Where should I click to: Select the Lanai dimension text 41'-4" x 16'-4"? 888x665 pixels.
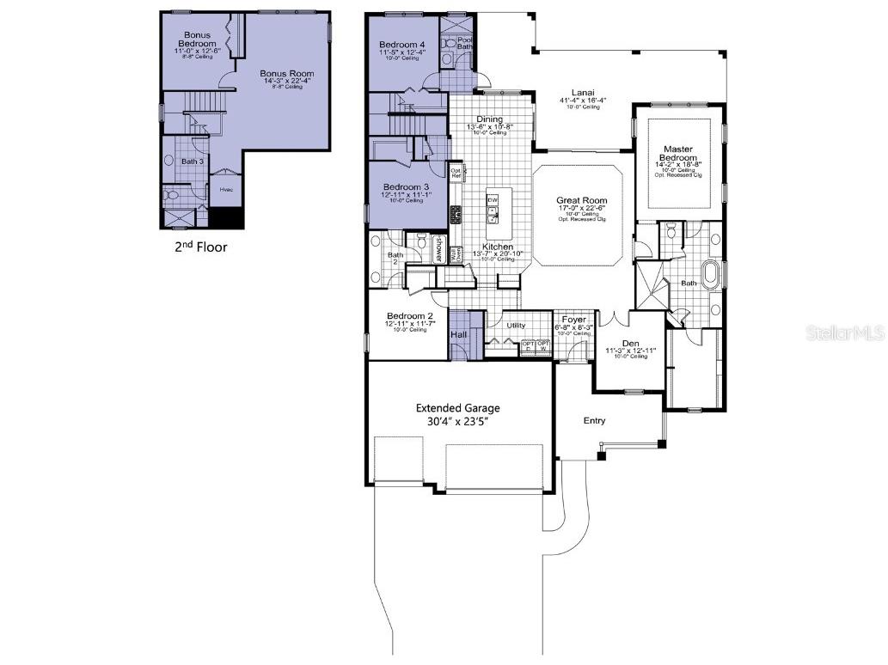pos(582,101)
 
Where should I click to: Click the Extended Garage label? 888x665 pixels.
pos(458,408)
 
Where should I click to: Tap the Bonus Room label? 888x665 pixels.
pos(287,74)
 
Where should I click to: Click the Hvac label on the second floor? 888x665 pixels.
pos(226,190)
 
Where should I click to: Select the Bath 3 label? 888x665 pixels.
pos(193,161)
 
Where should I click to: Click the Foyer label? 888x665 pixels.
pos(573,320)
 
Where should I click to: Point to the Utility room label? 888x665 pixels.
pos(516,326)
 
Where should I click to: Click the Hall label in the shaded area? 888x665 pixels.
pos(459,334)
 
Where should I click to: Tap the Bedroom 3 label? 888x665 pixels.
pos(406,186)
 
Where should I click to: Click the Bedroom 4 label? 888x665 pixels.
pos(402,45)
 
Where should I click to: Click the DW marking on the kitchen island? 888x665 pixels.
pos(493,199)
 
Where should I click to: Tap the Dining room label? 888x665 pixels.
pos(489,119)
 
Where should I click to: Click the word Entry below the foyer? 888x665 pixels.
pos(594,420)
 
